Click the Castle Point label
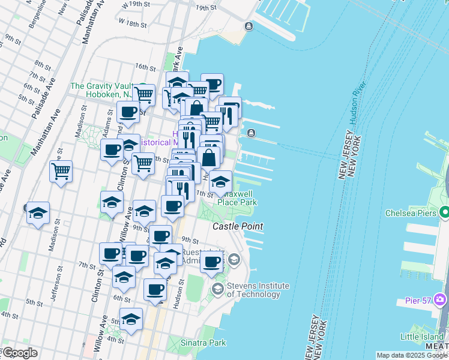click(x=238, y=226)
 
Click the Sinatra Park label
click(x=203, y=343)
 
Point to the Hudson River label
click(x=357, y=101)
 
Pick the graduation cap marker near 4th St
click(x=131, y=320)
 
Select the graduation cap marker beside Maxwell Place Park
click(x=221, y=182)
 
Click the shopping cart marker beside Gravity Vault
click(x=143, y=94)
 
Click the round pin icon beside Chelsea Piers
click(x=445, y=212)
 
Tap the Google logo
click(x=19, y=353)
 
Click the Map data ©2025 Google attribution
click(x=411, y=355)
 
